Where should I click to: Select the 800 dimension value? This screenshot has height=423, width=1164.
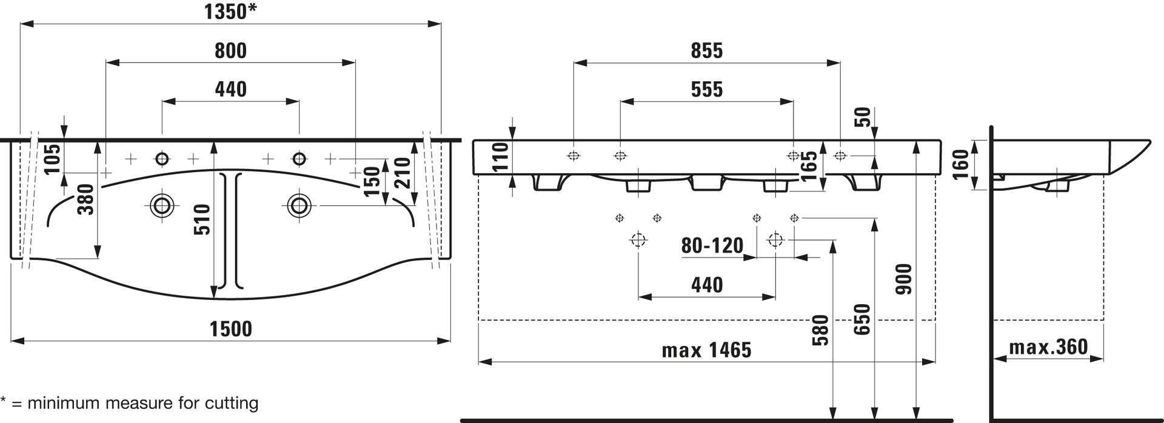pyautogui.click(x=230, y=50)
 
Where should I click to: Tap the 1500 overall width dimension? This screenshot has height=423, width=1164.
pyautogui.click(x=230, y=328)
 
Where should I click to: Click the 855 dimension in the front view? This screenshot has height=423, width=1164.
pyautogui.click(x=707, y=50)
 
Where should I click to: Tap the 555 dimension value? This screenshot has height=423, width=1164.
pyautogui.click(x=707, y=90)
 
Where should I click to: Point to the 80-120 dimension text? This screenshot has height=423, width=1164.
pyautogui.click(x=712, y=245)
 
